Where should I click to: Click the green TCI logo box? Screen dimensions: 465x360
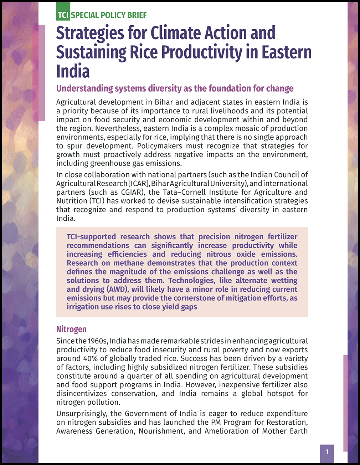(x=63, y=15)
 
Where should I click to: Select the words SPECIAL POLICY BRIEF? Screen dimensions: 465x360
(x=109, y=15)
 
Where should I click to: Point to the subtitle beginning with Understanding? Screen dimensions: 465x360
(x=175, y=88)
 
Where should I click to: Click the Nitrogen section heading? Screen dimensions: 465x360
(x=71, y=329)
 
